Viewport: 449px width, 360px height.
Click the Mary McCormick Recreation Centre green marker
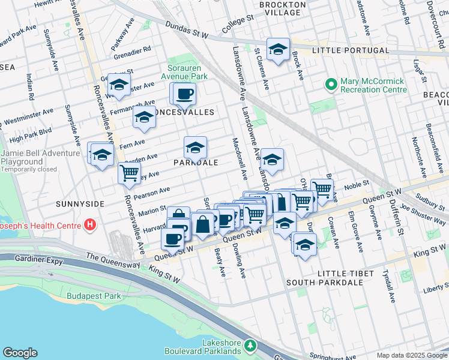click(330, 85)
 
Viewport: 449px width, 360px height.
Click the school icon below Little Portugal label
click(278, 50)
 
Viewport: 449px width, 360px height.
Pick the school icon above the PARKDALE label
click(195, 147)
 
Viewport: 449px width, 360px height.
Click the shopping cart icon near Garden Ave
click(129, 174)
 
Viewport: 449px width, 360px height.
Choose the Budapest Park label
click(94, 296)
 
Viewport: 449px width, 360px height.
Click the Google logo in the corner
click(20, 353)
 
